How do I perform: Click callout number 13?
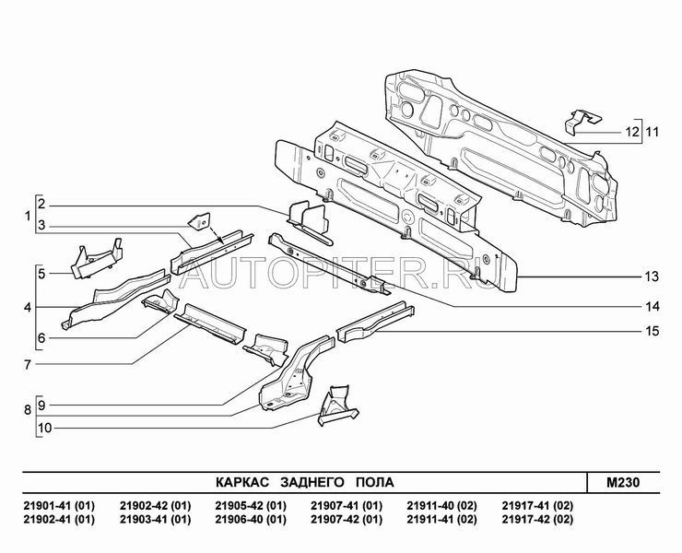pyautogui.click(x=652, y=276)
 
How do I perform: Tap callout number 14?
pyautogui.click(x=652, y=307)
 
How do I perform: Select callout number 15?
pyautogui.click(x=652, y=332)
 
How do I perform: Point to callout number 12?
pyautogui.click(x=632, y=132)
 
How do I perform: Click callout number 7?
pyautogui.click(x=28, y=364)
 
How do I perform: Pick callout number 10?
pyautogui.click(x=45, y=429)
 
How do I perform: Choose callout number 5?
pyautogui.click(x=41, y=274)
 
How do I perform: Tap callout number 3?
pyautogui.click(x=41, y=226)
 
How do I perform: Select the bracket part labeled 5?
pyautogui.click(x=97, y=258)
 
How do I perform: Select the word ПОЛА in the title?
pyautogui.click(x=375, y=483)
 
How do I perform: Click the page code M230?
pyautogui.click(x=623, y=483)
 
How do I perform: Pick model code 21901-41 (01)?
pyautogui.click(x=59, y=506)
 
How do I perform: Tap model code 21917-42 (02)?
pyautogui.click(x=537, y=520)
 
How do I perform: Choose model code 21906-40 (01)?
pyautogui.click(x=251, y=520)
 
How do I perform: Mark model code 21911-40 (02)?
pyautogui.click(x=441, y=506)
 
